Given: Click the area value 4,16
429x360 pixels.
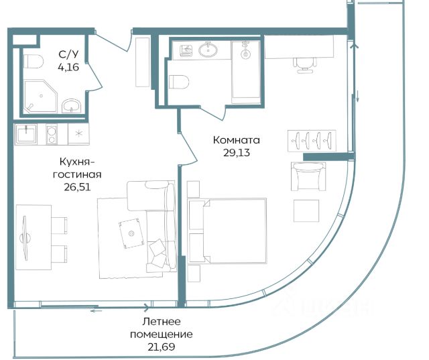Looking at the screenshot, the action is (x=68, y=67).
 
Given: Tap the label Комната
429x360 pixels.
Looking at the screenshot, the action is (x=237, y=140).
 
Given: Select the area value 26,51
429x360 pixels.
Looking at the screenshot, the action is (x=77, y=187).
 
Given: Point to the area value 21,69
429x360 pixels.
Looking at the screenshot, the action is (x=161, y=347).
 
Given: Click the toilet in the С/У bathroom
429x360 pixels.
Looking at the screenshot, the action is (x=34, y=62).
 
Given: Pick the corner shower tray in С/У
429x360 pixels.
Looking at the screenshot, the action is (x=40, y=97).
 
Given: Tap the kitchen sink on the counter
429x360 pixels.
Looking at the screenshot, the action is (x=26, y=134).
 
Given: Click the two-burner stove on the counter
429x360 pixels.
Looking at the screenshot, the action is (x=52, y=134).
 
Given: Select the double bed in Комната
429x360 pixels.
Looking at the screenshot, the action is (x=227, y=231).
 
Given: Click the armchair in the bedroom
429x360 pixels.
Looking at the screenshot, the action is (x=308, y=176).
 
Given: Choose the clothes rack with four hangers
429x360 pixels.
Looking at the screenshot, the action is (x=312, y=141).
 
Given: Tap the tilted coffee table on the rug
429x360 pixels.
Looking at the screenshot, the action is (x=131, y=233).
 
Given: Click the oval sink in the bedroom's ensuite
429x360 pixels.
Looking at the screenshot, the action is (x=208, y=50).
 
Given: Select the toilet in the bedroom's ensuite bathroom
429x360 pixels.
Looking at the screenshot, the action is (x=179, y=82).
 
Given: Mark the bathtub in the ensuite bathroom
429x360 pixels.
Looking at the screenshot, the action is (x=246, y=72).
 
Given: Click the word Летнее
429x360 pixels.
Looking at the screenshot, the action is (x=162, y=321).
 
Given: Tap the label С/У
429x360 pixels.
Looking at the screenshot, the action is (x=68, y=54).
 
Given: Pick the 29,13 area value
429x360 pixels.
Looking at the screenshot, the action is (x=237, y=153).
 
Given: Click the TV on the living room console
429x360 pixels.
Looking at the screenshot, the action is (x=25, y=238).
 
